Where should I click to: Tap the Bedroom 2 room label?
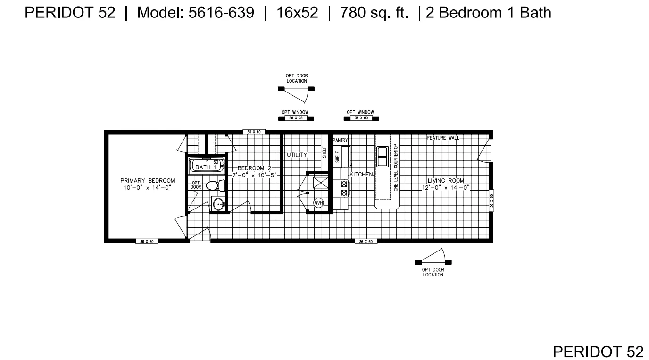(255, 168)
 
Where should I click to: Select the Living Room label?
(446, 181)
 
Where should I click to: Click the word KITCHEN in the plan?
(361, 175)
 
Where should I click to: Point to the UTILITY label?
(297, 155)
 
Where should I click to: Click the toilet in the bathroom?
(213, 185)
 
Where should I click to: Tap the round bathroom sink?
(218, 204)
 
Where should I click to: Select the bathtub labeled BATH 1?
(205, 167)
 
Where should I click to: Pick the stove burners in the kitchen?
(344, 188)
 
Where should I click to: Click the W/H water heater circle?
(318, 203)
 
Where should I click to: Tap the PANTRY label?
(340, 141)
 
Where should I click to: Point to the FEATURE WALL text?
(442, 138)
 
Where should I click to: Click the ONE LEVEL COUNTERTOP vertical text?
(396, 167)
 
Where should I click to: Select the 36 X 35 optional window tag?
(296, 118)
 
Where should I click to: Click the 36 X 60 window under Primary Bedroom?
(147, 242)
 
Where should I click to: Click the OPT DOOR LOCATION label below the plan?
(433, 272)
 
